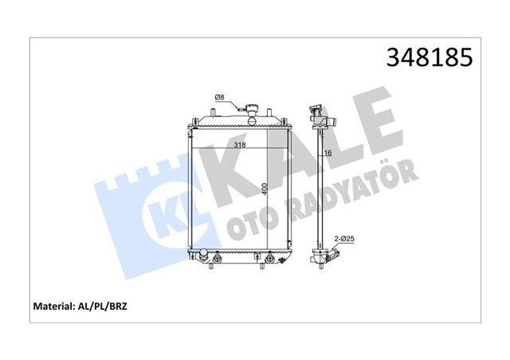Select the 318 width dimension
[238, 146]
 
